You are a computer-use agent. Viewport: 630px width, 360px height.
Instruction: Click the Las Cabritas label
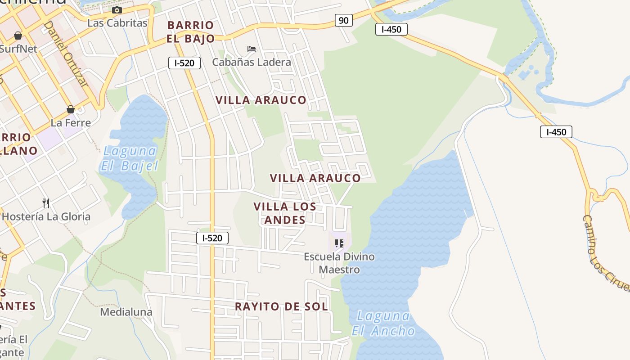click(117, 23)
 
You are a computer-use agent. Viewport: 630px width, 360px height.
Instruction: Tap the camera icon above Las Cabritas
click(117, 10)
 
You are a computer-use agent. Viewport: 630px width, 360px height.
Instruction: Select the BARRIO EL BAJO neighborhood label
click(191, 32)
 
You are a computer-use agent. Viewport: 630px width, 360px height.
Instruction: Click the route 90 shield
click(343, 20)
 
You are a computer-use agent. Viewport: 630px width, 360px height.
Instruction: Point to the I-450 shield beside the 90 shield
click(391, 30)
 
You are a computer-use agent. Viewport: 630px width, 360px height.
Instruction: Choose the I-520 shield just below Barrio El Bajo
click(184, 63)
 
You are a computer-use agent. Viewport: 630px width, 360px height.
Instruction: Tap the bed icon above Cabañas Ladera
click(252, 49)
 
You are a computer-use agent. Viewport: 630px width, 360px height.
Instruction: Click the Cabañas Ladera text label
click(252, 62)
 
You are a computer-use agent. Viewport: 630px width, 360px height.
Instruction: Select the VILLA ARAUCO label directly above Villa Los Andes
click(315, 178)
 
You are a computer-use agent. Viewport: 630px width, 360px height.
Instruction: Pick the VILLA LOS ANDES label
click(285, 213)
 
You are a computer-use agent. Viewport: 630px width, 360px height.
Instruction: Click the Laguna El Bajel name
click(129, 158)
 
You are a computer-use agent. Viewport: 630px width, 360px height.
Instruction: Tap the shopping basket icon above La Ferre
click(71, 109)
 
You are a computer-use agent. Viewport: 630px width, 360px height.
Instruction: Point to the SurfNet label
click(18, 49)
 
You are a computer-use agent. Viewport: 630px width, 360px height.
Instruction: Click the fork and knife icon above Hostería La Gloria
click(46, 203)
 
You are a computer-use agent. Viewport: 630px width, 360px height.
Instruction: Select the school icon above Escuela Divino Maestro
click(339, 244)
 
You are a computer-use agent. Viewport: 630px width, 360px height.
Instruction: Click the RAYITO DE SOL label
click(281, 307)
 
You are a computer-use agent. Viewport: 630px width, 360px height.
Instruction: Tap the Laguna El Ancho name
click(383, 324)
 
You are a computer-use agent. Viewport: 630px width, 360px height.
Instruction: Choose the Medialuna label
click(126, 312)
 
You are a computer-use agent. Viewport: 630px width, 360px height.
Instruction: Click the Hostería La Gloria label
click(46, 216)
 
